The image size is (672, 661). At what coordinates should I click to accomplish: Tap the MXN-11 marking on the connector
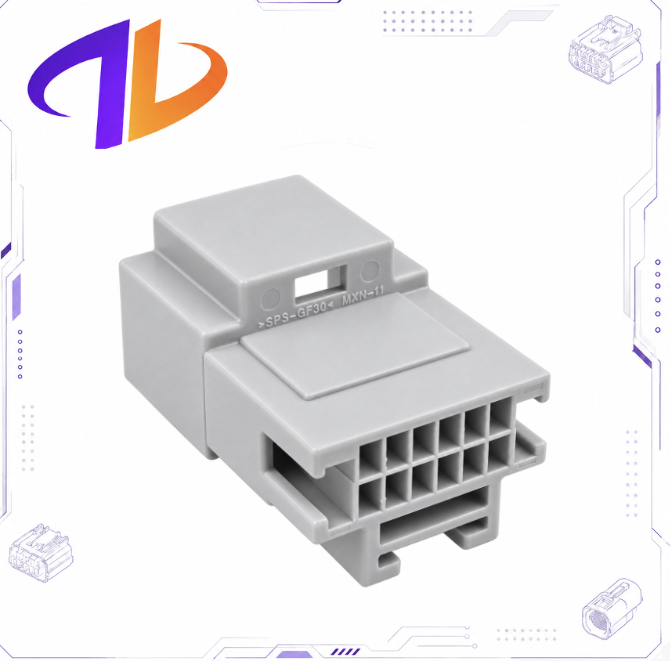tap(363, 296)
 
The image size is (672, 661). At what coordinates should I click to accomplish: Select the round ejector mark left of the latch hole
tap(270, 298)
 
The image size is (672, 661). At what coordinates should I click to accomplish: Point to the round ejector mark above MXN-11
tap(370, 271)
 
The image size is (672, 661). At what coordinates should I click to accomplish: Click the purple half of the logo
tap(81, 85)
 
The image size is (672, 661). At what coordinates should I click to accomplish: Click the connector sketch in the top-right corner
tap(605, 49)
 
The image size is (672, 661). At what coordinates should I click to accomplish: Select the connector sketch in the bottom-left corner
tap(41, 552)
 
